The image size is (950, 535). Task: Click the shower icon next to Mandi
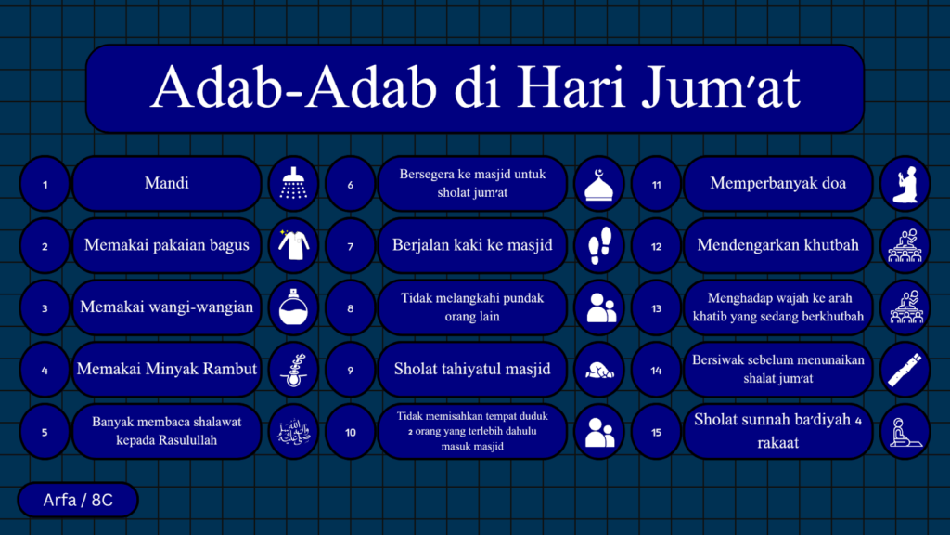point(293,183)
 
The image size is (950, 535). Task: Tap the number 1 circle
point(45,184)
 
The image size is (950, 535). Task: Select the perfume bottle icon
point(293,307)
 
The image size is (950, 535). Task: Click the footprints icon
point(600,245)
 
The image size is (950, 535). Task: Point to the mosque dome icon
point(599,185)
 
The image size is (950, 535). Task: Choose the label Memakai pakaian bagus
point(167,245)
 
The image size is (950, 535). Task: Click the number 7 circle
point(350,245)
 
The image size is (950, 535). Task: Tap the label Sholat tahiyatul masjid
point(472,369)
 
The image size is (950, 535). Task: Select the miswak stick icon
point(905,370)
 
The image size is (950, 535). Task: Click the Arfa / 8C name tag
point(78,500)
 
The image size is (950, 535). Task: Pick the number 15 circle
point(656,432)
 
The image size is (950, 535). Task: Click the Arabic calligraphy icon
point(293,431)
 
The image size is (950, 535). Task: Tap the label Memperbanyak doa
point(778,183)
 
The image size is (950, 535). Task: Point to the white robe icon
point(294,245)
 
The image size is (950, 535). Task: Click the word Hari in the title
point(571,87)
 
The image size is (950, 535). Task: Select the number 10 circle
point(350,432)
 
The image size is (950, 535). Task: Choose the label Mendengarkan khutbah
point(778,245)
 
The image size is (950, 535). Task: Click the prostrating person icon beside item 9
point(599,370)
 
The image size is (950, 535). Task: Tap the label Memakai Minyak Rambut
point(167,369)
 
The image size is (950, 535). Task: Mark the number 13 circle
point(656,307)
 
